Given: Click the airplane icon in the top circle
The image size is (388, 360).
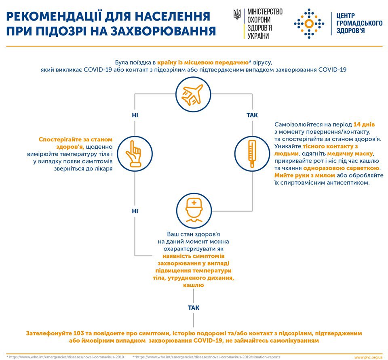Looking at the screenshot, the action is click(193, 94).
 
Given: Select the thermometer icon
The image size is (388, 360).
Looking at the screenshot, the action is click(252, 154).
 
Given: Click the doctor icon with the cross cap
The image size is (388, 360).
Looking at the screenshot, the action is click(194, 211).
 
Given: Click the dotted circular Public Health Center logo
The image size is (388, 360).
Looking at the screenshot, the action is click(309, 24).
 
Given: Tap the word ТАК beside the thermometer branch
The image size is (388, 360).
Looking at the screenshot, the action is click(252, 115).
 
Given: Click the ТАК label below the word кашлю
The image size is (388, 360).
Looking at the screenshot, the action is click(194, 308).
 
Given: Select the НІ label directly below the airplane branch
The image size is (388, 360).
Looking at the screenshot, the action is click(135, 115).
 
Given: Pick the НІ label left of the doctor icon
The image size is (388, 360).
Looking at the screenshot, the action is click(135, 211).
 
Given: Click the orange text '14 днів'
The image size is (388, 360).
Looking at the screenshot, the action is click(364, 124).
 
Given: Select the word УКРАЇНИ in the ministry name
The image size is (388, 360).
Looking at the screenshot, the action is click(258, 36).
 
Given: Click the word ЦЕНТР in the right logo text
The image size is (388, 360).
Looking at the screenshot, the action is click(346, 16).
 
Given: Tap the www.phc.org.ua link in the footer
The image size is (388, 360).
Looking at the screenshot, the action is click(369, 357).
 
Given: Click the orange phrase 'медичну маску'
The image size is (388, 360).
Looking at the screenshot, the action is click(350, 154).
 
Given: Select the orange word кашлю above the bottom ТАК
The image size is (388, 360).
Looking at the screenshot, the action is click(194, 285).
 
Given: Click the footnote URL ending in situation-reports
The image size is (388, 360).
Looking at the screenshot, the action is click(207, 357).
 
